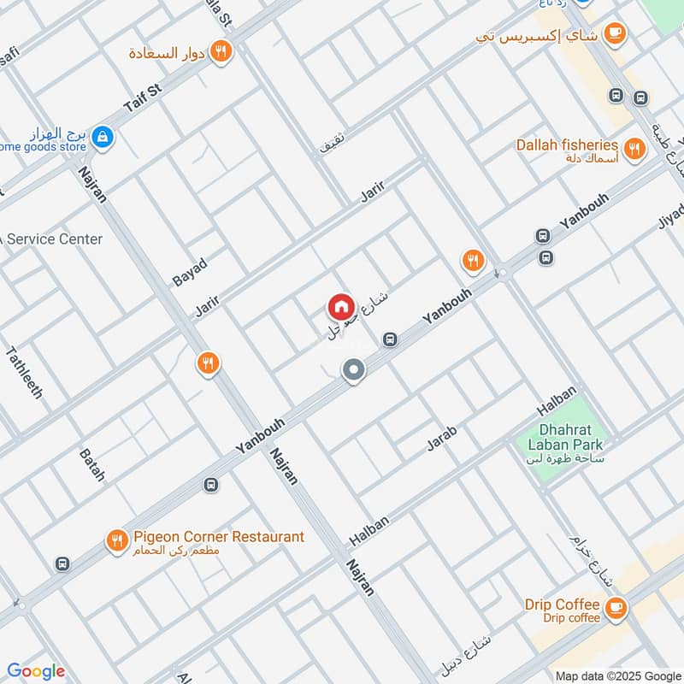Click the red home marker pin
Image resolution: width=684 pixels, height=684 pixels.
[x=339, y=307]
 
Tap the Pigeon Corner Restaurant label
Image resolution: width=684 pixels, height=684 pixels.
[x=218, y=537]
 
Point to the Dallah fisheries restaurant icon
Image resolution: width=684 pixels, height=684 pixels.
[x=634, y=148]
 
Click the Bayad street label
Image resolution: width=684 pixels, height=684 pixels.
[x=190, y=268]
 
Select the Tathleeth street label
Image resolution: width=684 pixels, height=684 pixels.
[x=24, y=372]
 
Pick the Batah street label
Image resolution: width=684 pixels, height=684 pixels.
[x=91, y=463]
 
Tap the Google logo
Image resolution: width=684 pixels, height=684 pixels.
[x=36, y=671]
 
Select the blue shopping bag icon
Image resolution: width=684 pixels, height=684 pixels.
[x=103, y=136]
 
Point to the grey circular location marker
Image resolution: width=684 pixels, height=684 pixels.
[x=353, y=370]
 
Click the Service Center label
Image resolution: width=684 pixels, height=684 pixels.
[x=54, y=239]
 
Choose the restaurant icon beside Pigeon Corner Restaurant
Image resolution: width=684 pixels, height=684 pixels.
[x=116, y=540]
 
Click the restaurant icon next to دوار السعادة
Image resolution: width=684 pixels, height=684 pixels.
[x=221, y=52]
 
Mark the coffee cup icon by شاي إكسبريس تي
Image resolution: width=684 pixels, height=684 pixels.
[x=614, y=33]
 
